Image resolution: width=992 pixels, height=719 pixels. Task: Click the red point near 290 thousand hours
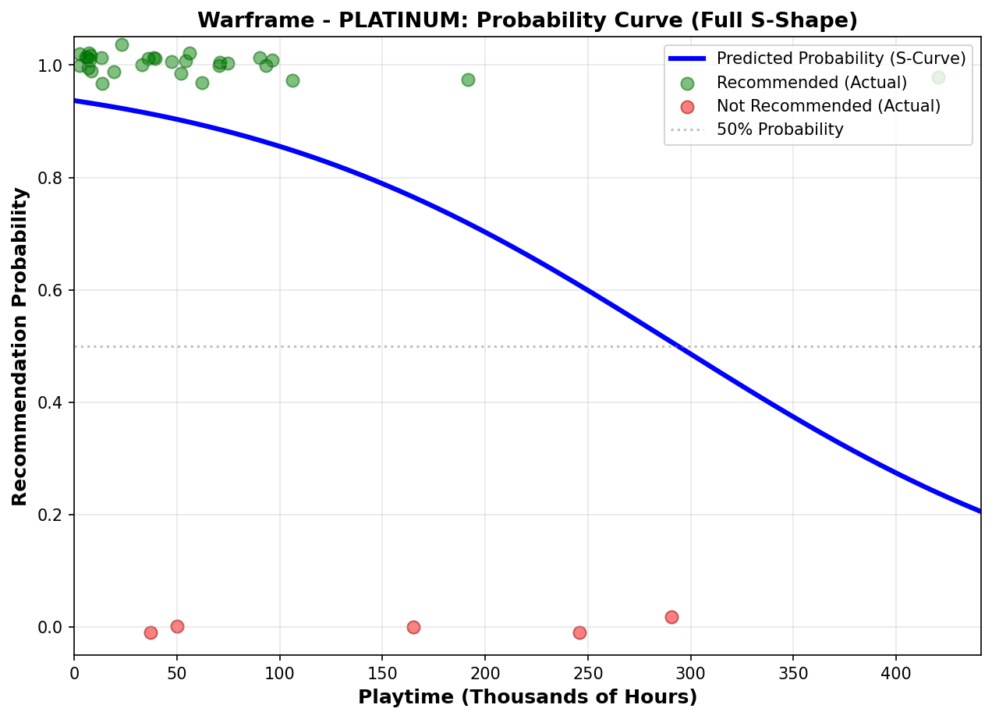point(671,617)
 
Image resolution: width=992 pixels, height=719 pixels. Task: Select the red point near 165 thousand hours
point(413,627)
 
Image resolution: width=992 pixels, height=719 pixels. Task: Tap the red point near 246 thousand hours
point(579,632)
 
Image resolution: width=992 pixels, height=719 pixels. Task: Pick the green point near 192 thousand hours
point(468,80)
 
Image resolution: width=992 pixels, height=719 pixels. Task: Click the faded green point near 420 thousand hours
point(938,77)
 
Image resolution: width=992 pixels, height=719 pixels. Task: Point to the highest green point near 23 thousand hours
point(122,44)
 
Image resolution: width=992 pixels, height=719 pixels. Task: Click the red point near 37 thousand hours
point(151,632)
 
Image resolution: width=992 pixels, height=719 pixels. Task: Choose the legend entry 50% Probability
point(780,129)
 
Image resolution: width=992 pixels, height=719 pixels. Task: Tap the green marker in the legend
point(687,83)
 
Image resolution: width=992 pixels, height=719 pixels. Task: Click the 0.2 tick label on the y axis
point(51,515)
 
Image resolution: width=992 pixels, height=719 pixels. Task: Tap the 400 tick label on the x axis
point(895,671)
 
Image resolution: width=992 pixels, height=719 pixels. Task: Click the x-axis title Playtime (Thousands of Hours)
point(527,697)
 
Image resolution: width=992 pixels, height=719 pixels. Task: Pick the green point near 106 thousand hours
point(292,80)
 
